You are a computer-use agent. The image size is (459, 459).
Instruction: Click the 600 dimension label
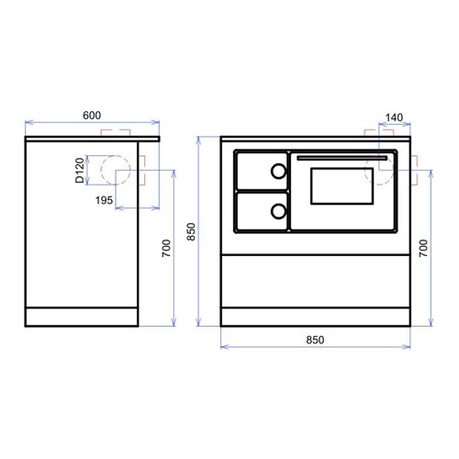(92, 116)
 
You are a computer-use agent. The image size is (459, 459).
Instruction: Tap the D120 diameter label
(80, 170)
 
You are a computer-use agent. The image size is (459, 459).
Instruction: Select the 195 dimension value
(104, 200)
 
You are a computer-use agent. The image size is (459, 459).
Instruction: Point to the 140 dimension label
(394, 118)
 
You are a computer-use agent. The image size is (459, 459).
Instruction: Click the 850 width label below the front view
(315, 340)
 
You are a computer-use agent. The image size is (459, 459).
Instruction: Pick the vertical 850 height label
(191, 231)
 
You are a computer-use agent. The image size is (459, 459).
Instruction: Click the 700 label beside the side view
(166, 248)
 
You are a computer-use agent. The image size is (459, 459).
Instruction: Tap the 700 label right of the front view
(423, 248)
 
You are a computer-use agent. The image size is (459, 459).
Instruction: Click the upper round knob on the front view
(278, 171)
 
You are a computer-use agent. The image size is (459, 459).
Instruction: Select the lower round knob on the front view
(278, 211)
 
